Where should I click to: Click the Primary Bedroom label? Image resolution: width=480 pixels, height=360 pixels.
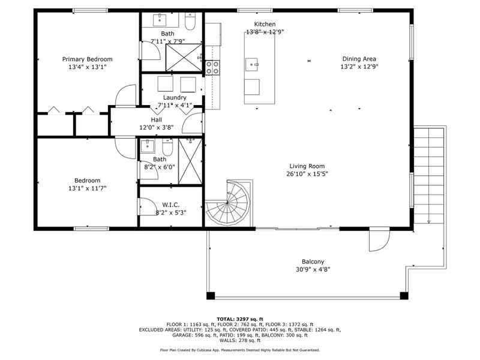pyautogui.click(x=88, y=59)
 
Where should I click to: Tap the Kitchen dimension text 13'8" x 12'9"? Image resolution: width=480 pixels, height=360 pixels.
pyautogui.click(x=265, y=32)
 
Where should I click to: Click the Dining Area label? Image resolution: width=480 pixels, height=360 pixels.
pyautogui.click(x=359, y=59)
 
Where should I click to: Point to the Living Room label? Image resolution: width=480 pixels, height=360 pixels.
pyautogui.click(x=307, y=166)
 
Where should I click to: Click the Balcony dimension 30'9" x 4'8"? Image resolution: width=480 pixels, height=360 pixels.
pyautogui.click(x=313, y=269)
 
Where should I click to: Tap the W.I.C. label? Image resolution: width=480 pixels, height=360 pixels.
pyautogui.click(x=171, y=204)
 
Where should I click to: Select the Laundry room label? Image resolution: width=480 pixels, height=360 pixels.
pyautogui.click(x=175, y=97)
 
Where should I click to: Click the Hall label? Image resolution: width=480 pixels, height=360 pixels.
pyautogui.click(x=156, y=119)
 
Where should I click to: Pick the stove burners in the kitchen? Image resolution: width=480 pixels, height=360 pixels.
pyautogui.click(x=212, y=67)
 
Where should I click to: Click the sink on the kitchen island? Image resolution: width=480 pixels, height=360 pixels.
pyautogui.click(x=252, y=62)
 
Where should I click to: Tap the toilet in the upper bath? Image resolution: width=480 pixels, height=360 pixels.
pyautogui.click(x=190, y=23)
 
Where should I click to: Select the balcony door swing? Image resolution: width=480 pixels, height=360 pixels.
pyautogui.click(x=377, y=241)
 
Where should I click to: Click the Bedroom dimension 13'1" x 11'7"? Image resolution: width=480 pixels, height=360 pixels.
pyautogui.click(x=88, y=188)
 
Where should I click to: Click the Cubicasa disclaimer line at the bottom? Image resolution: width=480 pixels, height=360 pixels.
pyautogui.click(x=239, y=350)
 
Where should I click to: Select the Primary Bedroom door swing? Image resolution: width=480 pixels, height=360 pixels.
pyautogui.click(x=127, y=97)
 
